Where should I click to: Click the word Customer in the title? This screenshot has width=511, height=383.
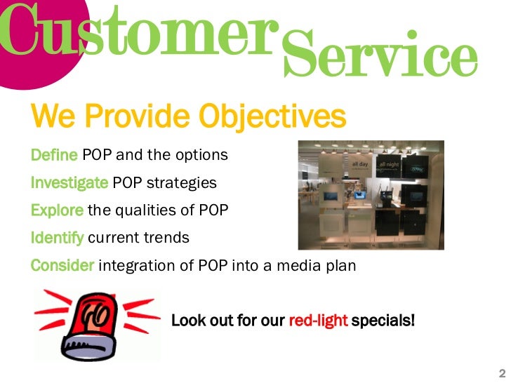pyautogui.click(x=137, y=32)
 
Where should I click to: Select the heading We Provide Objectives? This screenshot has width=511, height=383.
pyautogui.click(x=188, y=116)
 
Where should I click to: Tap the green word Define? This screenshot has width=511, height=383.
pyautogui.click(x=54, y=154)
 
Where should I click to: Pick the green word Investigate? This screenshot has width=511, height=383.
pyautogui.click(x=69, y=182)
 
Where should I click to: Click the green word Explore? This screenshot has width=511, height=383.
pyautogui.click(x=57, y=210)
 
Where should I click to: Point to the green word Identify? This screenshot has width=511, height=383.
pyautogui.click(x=57, y=238)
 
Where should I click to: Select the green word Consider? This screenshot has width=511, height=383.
pyautogui.click(x=62, y=265)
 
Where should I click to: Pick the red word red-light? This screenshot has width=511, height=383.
pyautogui.click(x=317, y=321)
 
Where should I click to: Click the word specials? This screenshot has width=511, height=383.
pyautogui.click(x=383, y=321)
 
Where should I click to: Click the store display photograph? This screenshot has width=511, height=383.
pyautogui.click(x=371, y=195)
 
